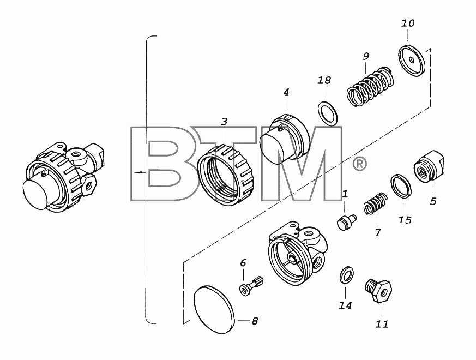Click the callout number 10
tap(408, 23)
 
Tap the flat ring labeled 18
tap(328, 113)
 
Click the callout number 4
tap(286, 92)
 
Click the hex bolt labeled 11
tap(378, 290)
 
